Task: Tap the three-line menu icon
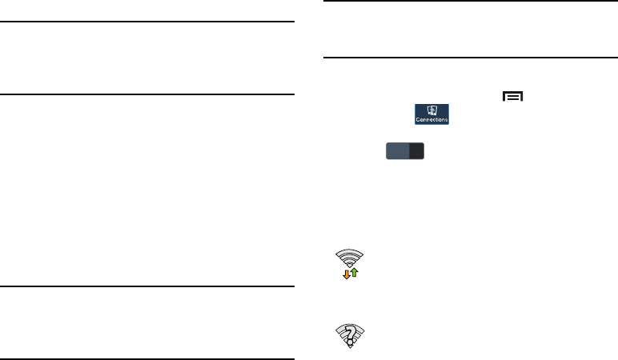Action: click(512, 97)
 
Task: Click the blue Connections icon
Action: click(431, 113)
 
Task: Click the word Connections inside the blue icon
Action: click(431, 119)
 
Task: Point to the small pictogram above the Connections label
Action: click(431, 109)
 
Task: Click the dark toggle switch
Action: click(405, 153)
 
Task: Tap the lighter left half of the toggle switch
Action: click(397, 153)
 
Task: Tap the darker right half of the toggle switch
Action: click(415, 153)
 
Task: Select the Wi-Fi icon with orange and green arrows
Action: click(351, 263)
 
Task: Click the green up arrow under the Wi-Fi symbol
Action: click(355, 273)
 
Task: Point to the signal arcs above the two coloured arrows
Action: click(351, 257)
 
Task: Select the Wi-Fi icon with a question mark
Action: click(351, 336)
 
